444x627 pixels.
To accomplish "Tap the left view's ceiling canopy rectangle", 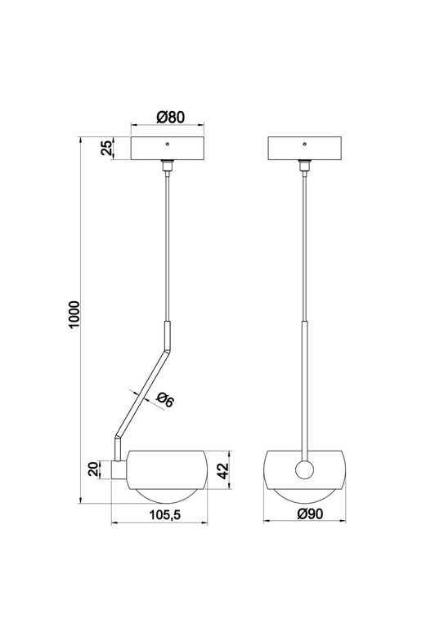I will pos(168,148).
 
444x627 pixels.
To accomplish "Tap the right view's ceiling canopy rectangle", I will pos(305,148).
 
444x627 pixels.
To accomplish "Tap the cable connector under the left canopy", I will pos(168,166).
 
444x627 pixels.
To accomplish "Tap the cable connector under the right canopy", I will pos(305,166).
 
